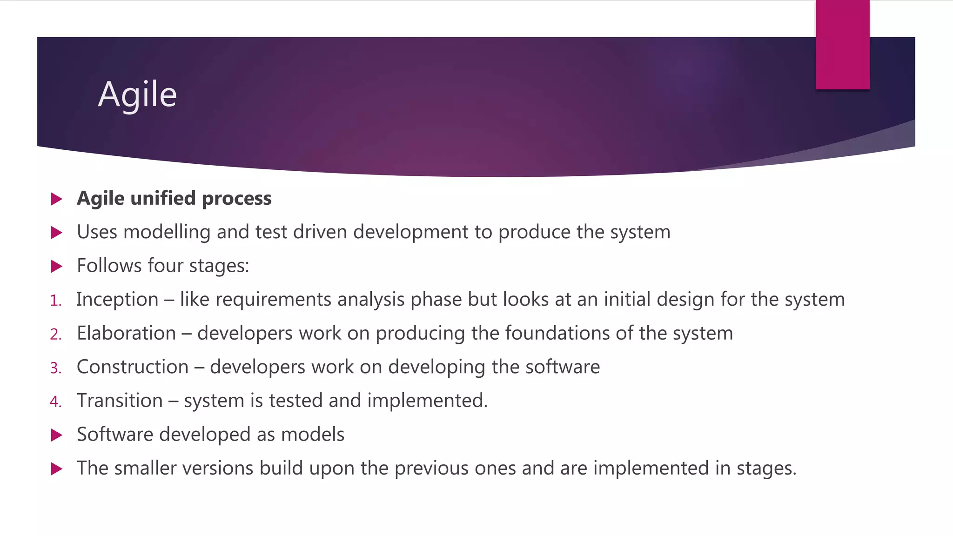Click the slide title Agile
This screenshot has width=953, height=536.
coord(137,94)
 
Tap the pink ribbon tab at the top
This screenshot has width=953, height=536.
coord(842,45)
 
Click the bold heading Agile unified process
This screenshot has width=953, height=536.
coord(174,198)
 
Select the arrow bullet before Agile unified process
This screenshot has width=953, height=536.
coord(57,199)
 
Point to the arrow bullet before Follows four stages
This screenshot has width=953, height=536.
coord(57,266)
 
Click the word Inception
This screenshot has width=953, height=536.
coord(117,300)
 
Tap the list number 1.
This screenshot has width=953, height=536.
coord(56,301)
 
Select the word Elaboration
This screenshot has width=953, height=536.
coord(126,334)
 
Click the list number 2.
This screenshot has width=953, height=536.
coord(56,335)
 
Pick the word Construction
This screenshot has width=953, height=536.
coord(133,367)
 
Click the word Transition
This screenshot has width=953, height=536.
coord(120,401)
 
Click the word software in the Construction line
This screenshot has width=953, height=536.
coord(563,367)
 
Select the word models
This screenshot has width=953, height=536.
coord(313,435)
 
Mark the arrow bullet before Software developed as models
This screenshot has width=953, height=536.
coord(57,435)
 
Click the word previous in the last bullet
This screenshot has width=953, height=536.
coord(431,469)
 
